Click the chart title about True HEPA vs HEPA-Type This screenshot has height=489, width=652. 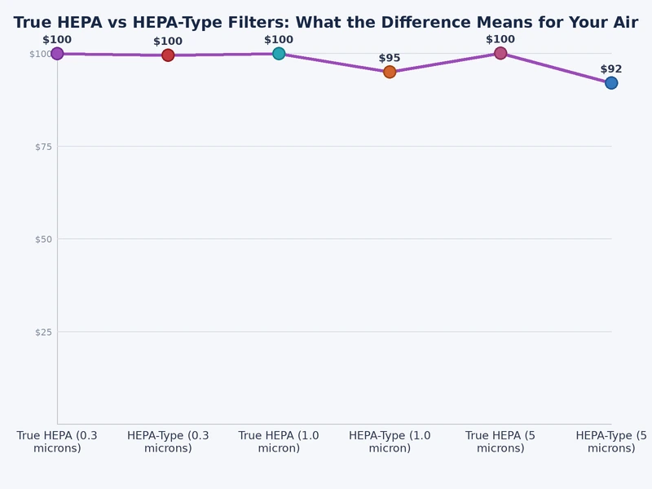[x=326, y=23]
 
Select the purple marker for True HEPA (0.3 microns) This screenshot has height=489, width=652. [x=57, y=54]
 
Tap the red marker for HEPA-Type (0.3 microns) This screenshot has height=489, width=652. [x=168, y=55]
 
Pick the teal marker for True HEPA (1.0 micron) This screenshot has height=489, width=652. [x=279, y=54]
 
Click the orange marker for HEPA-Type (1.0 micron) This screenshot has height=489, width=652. [x=390, y=72]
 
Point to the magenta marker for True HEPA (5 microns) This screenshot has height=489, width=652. [x=500, y=53]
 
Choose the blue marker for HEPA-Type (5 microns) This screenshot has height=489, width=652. [x=611, y=83]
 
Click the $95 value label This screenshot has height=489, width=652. [x=390, y=58]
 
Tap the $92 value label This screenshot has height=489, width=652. [x=611, y=69]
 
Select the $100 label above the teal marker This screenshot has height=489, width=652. [x=279, y=40]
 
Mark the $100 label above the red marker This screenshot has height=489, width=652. [x=168, y=42]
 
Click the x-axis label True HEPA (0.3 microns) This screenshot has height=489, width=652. [x=57, y=442]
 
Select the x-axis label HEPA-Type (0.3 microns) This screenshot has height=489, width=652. [x=168, y=442]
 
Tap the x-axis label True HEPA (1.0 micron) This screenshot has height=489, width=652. [x=279, y=442]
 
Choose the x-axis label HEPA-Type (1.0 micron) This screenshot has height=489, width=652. [x=390, y=442]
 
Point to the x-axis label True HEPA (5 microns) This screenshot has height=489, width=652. [x=500, y=442]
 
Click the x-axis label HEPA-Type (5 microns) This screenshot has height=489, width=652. [x=611, y=442]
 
